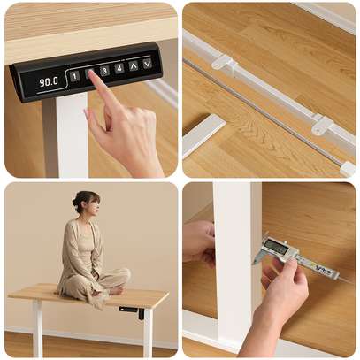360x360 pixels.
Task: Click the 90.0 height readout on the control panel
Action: [48, 81]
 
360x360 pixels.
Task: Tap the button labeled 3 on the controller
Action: [104, 71]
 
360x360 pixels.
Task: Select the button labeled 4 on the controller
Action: [119, 68]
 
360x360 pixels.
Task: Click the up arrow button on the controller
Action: [133, 65]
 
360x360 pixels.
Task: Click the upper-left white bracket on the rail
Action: [222, 63]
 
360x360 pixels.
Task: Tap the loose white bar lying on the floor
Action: [203, 134]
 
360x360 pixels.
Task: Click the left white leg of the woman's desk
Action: [37, 327]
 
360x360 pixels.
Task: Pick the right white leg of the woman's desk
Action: [148, 332]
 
